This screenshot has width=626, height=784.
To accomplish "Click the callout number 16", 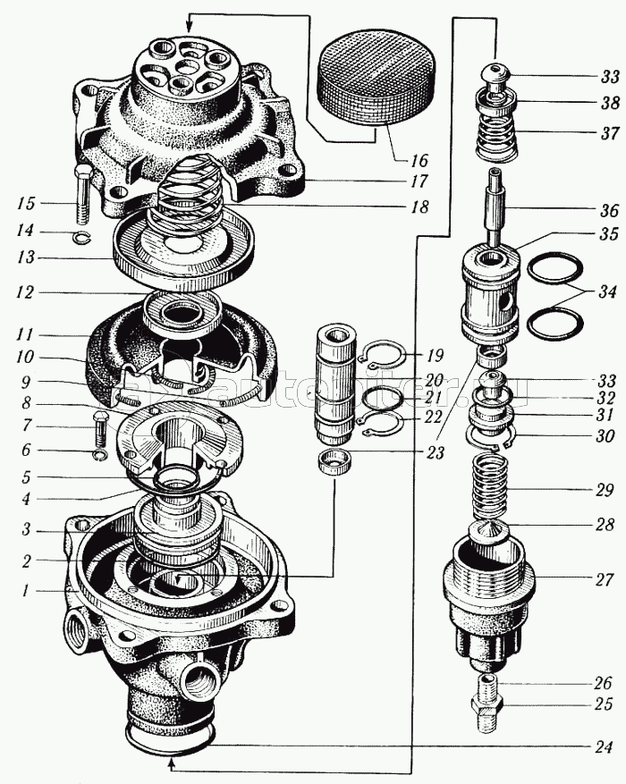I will [x=419, y=162].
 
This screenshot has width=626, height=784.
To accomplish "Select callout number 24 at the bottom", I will [x=605, y=747].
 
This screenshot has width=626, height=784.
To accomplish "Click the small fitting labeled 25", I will [x=488, y=703].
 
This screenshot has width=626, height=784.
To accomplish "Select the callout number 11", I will [x=25, y=335].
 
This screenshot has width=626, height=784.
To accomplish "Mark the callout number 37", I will [x=609, y=135].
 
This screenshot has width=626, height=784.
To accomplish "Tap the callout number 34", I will [x=608, y=291].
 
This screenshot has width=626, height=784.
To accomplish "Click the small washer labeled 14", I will [x=80, y=237].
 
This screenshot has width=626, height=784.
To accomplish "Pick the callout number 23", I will [x=436, y=453].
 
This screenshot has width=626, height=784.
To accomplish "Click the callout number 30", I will [x=605, y=437].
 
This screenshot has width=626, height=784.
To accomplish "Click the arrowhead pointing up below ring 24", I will [x=171, y=763].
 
